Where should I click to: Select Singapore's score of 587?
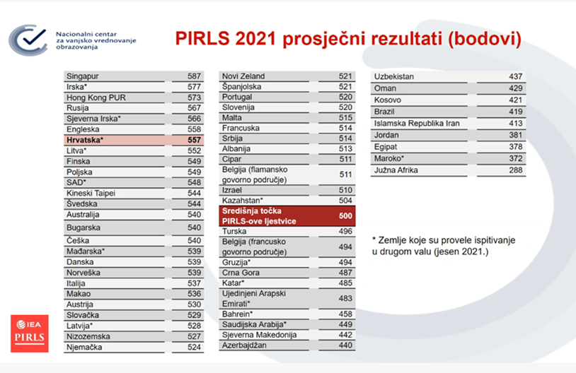194,76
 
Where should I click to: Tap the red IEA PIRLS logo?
30,333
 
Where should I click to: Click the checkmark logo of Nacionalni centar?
28,40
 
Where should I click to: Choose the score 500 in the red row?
345,216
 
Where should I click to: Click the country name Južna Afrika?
396,170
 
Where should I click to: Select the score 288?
516,170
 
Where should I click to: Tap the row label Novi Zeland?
243,76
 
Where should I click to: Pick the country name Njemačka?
84,348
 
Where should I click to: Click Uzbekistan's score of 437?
516,77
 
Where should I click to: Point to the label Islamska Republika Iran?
417,123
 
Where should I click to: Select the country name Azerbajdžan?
244,345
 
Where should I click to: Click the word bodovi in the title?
485,39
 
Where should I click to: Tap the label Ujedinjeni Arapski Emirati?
254,299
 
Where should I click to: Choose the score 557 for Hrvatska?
194,140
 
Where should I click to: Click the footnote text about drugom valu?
444,246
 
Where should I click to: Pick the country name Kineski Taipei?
91,194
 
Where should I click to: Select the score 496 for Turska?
345,232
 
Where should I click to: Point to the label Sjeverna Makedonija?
260,335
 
